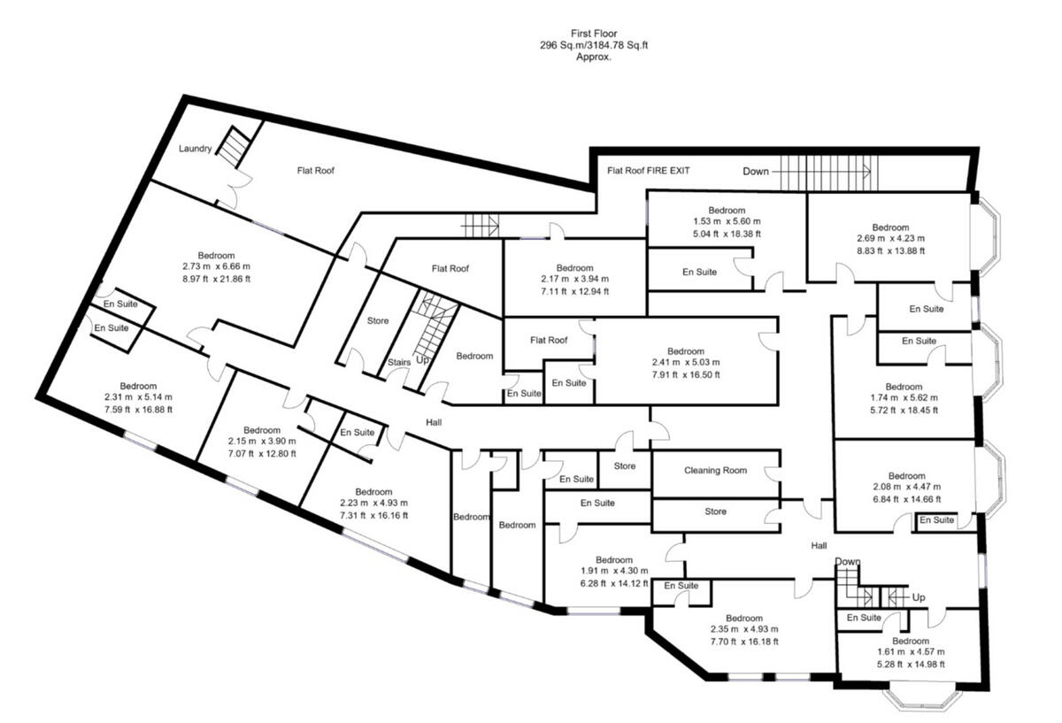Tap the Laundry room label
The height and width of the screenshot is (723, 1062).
tap(195, 149)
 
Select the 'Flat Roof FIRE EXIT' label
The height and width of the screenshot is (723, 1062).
tap(648, 170)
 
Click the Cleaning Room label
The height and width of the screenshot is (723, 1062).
tap(715, 471)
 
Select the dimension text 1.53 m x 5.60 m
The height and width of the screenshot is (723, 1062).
tap(727, 222)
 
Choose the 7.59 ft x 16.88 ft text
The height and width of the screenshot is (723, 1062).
tap(138, 409)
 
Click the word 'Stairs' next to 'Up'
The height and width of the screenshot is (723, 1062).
tap(399, 362)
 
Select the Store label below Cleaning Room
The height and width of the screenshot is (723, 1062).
tap(715, 511)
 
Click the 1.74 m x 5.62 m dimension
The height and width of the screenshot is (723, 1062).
tap(904, 398)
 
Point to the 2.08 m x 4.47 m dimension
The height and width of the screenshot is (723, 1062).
tap(905, 487)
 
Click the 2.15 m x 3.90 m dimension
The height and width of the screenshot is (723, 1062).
tap(261, 442)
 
